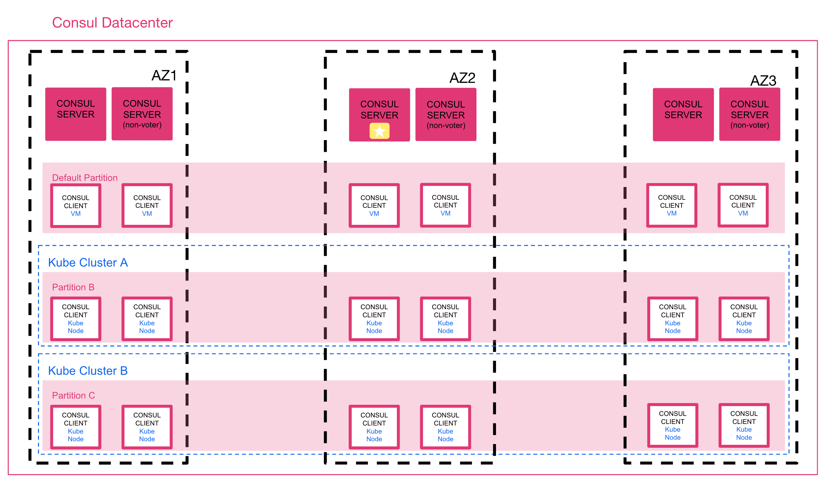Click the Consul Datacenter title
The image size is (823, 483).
click(x=112, y=23)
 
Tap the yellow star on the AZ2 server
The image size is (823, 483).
click(x=380, y=131)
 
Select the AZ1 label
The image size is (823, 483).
click(x=164, y=76)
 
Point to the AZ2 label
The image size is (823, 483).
click(x=462, y=78)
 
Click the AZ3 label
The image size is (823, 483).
click(x=763, y=81)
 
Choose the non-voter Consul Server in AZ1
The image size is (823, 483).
click(x=142, y=114)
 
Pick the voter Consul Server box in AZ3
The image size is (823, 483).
click(x=683, y=114)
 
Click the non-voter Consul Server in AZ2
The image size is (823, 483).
click(x=446, y=114)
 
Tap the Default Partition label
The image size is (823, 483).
click(x=85, y=178)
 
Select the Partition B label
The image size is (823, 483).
click(x=73, y=287)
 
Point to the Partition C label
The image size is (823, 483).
click(x=74, y=395)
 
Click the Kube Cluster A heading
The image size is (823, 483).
click(x=88, y=263)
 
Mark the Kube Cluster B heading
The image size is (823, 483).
click(x=88, y=371)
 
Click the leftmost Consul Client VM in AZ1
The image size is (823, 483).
click(x=76, y=206)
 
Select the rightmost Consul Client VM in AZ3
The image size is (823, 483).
click(x=743, y=205)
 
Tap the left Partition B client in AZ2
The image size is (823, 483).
click(x=374, y=319)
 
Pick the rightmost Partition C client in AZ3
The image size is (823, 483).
click(x=744, y=425)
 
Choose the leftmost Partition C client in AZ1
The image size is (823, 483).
click(x=76, y=427)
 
